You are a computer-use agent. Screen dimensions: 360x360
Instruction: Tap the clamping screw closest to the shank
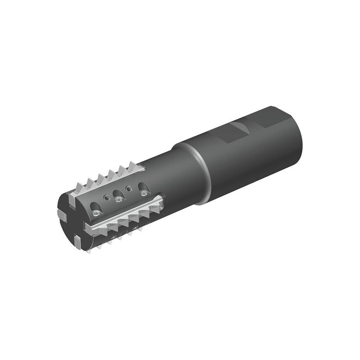tap(145, 193)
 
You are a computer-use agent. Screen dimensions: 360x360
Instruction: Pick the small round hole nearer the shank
tap(128, 187)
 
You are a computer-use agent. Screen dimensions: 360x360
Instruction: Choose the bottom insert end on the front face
tap(77, 242)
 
